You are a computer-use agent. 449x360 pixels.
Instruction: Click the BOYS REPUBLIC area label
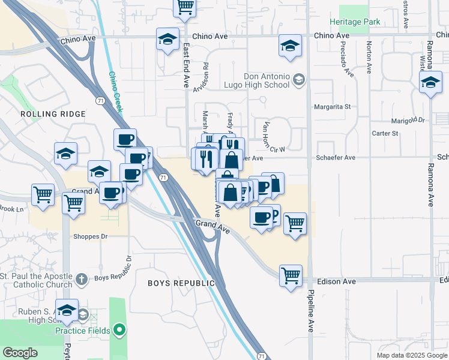pyautogui.click(x=181, y=283)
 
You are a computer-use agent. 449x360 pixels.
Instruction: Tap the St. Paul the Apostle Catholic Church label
pyautogui.click(x=37, y=279)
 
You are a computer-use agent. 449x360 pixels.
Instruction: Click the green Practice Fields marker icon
pyautogui.click(x=119, y=330)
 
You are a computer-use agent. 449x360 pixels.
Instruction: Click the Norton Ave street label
pyautogui.click(x=369, y=55)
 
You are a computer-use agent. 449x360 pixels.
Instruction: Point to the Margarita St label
pyautogui.click(x=332, y=107)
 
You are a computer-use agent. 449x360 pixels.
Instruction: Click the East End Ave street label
pyautogui.click(x=186, y=64)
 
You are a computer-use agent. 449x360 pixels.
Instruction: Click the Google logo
pyautogui.click(x=20, y=353)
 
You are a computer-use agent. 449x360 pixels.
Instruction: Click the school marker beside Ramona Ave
pyautogui.click(x=430, y=84)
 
